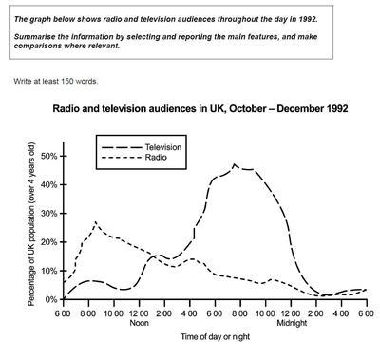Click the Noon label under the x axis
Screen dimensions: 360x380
(x=140, y=323)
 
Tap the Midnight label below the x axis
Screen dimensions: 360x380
(x=292, y=323)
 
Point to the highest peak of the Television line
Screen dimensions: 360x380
(x=235, y=164)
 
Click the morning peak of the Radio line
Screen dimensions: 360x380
(x=96, y=222)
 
